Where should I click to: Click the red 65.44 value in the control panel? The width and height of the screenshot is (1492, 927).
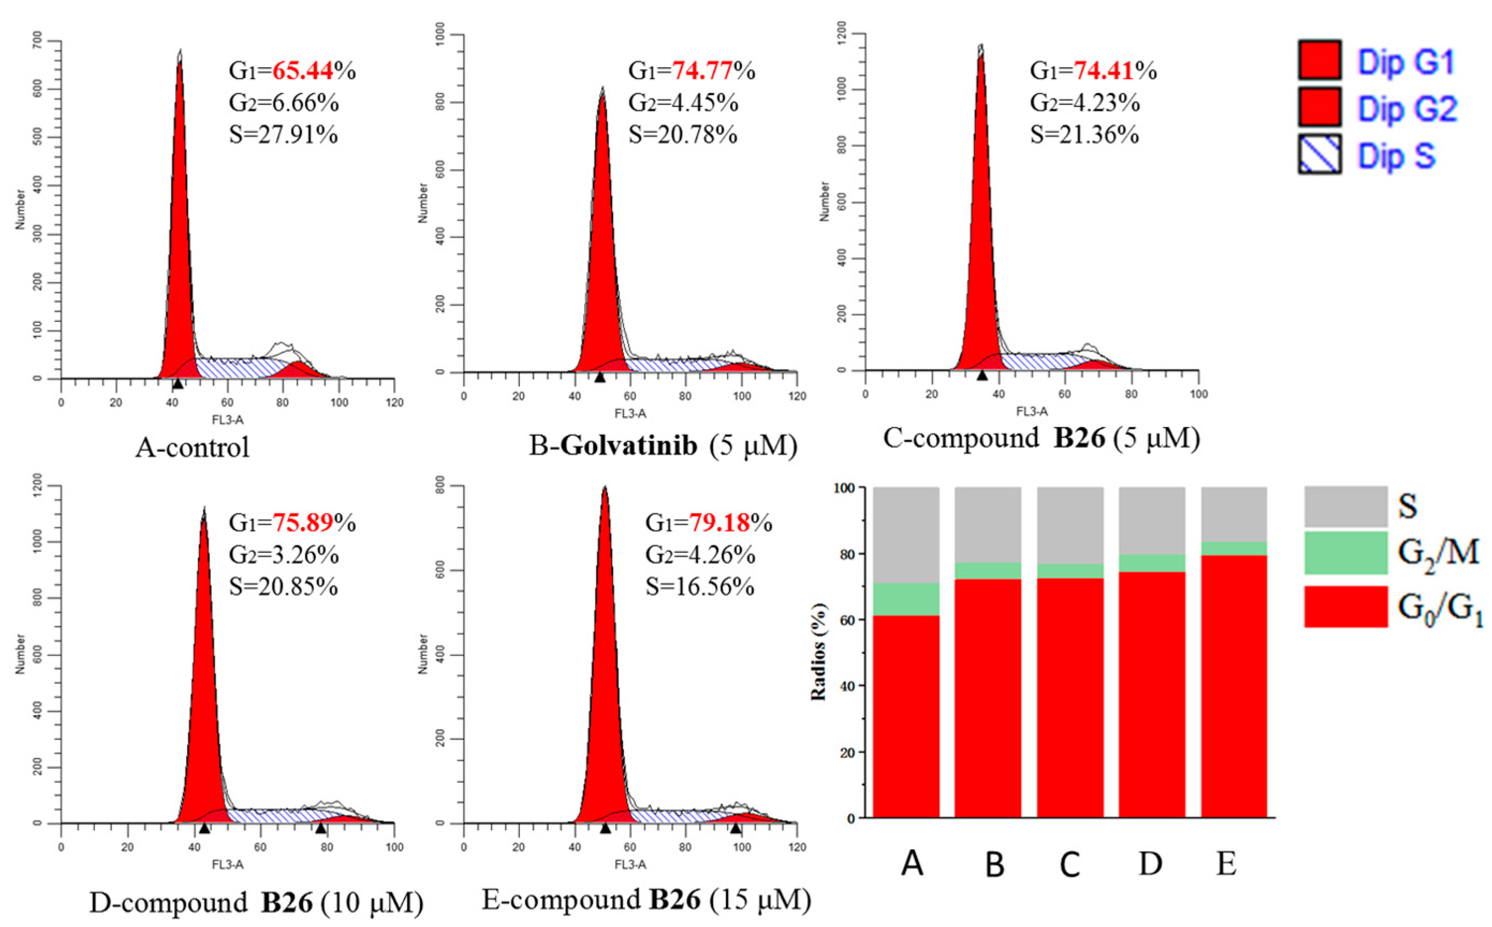[303, 71]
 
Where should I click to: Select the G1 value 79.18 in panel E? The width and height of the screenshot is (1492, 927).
[719, 523]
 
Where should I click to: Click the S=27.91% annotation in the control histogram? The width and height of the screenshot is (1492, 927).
[283, 134]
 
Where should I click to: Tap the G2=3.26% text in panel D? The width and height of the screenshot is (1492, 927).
[283, 555]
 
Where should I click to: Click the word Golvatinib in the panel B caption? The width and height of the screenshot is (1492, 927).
[629, 446]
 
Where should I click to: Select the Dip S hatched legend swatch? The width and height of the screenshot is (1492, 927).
[1320, 154]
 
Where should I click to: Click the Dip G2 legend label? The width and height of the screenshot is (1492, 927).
[1407, 109]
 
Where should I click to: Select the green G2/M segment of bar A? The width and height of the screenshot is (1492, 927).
[906, 599]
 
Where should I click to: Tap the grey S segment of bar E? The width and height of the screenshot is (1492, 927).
[1233, 514]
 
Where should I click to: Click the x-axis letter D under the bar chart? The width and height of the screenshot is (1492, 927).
[1151, 864]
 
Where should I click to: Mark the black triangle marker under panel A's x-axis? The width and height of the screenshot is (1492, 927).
[178, 384]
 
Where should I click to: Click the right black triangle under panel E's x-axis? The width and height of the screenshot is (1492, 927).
[736, 829]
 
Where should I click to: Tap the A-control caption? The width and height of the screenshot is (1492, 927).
[193, 447]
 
